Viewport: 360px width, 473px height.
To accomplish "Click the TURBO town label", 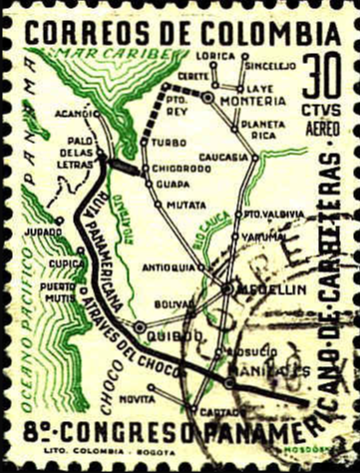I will [x=169, y=143].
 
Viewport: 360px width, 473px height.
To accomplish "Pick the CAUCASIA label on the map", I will [x=224, y=157].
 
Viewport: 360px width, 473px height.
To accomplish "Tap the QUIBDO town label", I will [x=169, y=334].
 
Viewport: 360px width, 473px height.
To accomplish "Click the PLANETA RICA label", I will [x=263, y=127].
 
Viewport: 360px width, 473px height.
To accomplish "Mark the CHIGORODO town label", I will [x=180, y=168].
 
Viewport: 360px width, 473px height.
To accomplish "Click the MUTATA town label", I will [x=180, y=204].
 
